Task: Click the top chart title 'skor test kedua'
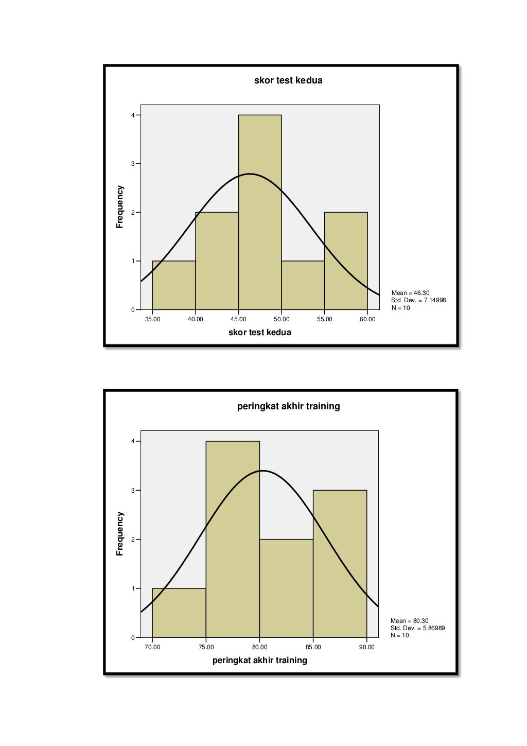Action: pos(288,80)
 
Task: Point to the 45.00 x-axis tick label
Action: pos(238,319)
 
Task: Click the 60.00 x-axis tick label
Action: pos(367,319)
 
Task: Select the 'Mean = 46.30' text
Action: pos(410,293)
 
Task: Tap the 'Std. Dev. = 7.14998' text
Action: pos(418,300)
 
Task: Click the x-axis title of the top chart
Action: pos(259,333)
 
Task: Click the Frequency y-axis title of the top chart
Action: pos(120,207)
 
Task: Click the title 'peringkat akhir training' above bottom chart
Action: pos(288,406)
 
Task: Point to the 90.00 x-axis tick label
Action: pos(366,647)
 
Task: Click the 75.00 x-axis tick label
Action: pos(206,647)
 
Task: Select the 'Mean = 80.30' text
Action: pos(409,621)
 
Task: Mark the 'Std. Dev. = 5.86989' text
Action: pos(417,628)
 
